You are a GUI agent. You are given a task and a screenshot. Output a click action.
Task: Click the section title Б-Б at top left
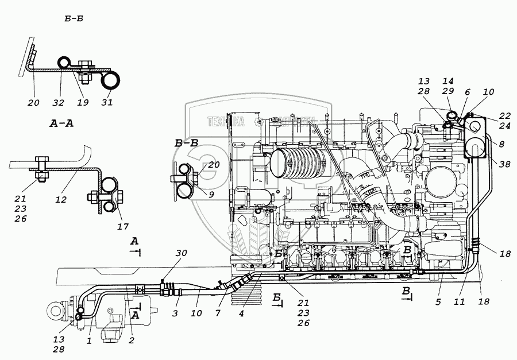(x=75, y=20)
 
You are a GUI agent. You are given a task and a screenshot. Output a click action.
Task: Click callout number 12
(x=61, y=200)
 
